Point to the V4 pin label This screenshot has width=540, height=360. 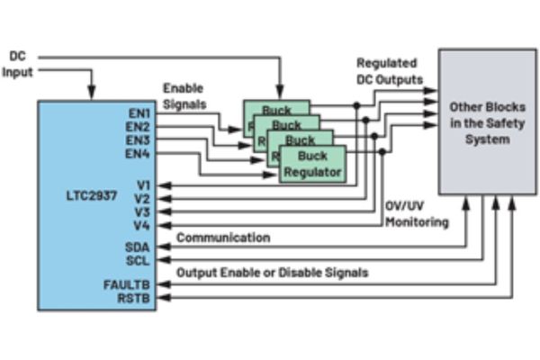(142, 224)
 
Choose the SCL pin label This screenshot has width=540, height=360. (139, 260)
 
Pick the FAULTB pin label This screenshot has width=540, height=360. (130, 284)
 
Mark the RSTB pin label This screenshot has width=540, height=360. (137, 298)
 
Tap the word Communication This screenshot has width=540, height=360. (223, 238)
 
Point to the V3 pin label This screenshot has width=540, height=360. (142, 211)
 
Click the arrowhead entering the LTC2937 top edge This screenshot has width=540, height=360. (91, 94)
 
